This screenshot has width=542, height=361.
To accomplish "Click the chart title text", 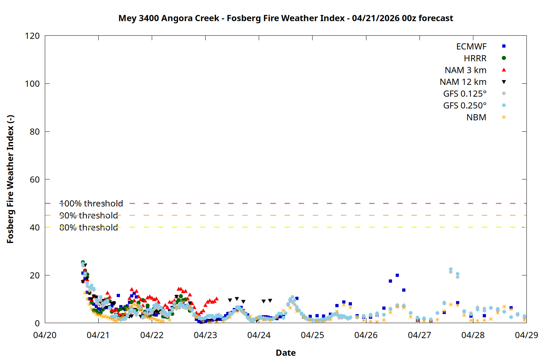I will pyautogui.click(x=285, y=18).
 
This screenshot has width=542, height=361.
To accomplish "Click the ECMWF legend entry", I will pyautogui.click(x=471, y=47).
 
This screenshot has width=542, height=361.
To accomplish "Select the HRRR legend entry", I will pyautogui.click(x=475, y=58).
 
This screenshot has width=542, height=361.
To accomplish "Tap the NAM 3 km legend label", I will pyautogui.click(x=465, y=70).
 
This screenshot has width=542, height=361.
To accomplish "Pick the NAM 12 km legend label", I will pyautogui.click(x=463, y=82).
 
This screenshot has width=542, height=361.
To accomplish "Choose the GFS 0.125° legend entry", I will pyautogui.click(x=465, y=94).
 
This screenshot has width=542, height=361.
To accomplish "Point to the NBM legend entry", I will pyautogui.click(x=476, y=117).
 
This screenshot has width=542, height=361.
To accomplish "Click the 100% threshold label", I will pyautogui.click(x=91, y=204).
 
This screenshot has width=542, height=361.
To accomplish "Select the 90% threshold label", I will pyautogui.click(x=89, y=216).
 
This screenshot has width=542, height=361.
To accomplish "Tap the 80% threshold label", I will pyautogui.click(x=89, y=227).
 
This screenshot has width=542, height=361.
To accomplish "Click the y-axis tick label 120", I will pyautogui.click(x=32, y=36).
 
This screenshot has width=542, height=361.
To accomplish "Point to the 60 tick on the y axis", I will pyautogui.click(x=35, y=180).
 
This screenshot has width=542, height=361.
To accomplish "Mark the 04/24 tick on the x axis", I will pyautogui.click(x=259, y=335).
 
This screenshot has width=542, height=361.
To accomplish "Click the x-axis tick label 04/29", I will pyautogui.click(x=526, y=335).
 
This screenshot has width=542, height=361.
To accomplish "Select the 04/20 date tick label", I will pyautogui.click(x=45, y=335).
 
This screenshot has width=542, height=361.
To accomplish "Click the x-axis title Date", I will pyautogui.click(x=285, y=353).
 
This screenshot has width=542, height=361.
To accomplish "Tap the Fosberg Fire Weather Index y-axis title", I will pyautogui.click(x=10, y=179).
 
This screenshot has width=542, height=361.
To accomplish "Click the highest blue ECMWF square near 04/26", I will pyautogui.click(x=397, y=275).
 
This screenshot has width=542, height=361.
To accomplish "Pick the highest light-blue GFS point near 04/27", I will pyautogui.click(x=451, y=269).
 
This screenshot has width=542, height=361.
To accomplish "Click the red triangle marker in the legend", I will pyautogui.click(x=504, y=70).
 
